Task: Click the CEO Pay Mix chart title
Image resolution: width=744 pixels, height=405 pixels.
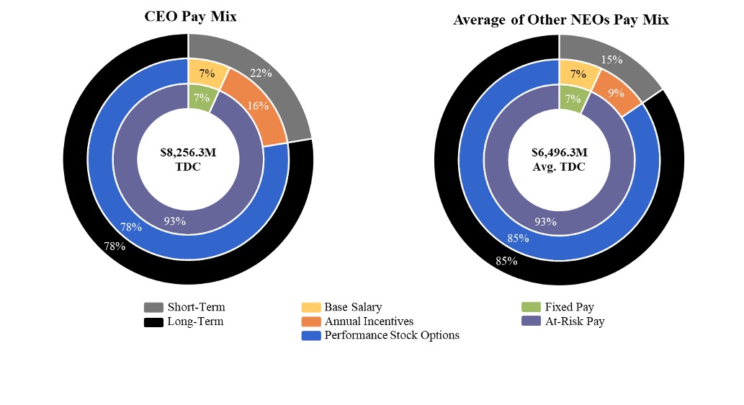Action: pyautogui.click(x=190, y=17)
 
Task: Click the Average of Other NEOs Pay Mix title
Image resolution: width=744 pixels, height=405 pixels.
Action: pyautogui.click(x=560, y=19)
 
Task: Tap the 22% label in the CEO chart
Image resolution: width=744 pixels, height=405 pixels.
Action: pyautogui.click(x=260, y=73)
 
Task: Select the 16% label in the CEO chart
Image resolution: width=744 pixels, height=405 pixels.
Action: pyautogui.click(x=258, y=106)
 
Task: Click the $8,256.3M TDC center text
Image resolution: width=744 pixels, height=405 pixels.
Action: pyautogui.click(x=188, y=159)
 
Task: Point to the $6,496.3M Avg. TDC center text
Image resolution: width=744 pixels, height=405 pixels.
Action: pyautogui.click(x=559, y=159)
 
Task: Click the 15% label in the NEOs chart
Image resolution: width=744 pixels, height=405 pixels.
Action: pyautogui.click(x=611, y=59)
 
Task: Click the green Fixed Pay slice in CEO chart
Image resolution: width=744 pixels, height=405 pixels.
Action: pyautogui.click(x=201, y=98)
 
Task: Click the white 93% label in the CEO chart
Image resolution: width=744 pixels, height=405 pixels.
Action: pyautogui.click(x=174, y=221)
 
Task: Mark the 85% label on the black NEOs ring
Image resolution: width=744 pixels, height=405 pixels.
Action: pyautogui.click(x=506, y=261)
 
